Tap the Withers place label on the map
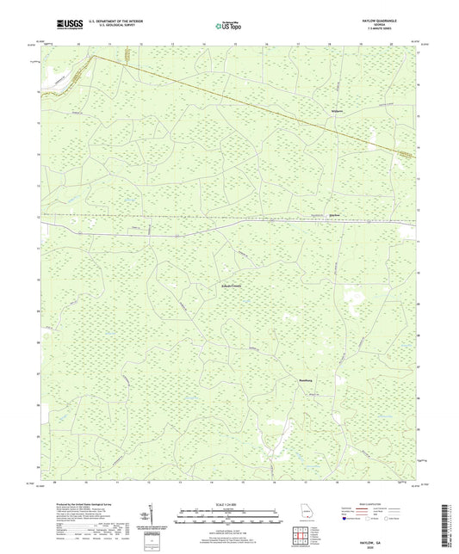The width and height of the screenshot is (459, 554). tap(338, 112)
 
